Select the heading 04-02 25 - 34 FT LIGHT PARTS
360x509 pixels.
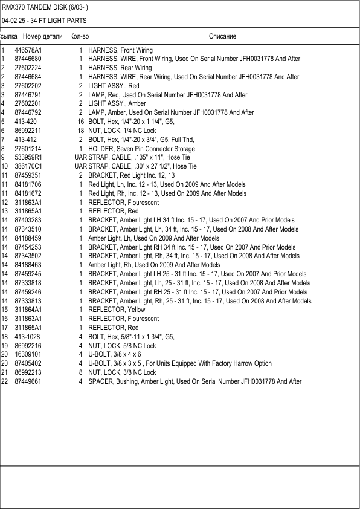[44, 21]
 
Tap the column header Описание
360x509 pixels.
[222, 37]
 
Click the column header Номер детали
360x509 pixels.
[39, 37]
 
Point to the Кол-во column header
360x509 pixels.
[80, 37]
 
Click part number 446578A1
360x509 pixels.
[28, 50]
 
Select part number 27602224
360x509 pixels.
[28, 68]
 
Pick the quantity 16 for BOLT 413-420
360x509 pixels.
[80, 122]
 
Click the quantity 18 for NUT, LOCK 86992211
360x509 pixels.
[80, 131]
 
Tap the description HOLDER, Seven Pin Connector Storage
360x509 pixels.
[141, 149]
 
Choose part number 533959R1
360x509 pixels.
[28, 158]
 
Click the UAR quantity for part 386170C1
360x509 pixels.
[80, 166]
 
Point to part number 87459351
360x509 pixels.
[28, 175]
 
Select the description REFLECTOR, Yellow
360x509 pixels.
[117, 310]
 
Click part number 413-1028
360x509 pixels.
[28, 337]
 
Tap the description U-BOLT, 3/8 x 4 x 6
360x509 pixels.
[114, 354]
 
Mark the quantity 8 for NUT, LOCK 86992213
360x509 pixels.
[81, 372]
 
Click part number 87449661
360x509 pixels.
[28, 381]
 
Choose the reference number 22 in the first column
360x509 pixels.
[4, 381]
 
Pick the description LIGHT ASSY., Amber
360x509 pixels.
[117, 104]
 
